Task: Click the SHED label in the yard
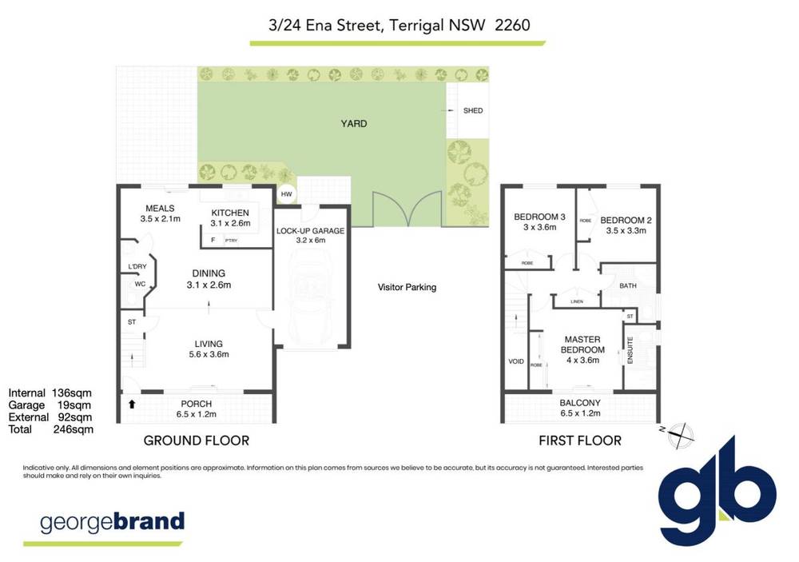(473, 110)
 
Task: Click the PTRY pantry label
(232, 241)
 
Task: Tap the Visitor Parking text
(407, 287)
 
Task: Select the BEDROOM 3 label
(539, 221)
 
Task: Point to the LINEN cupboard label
(577, 302)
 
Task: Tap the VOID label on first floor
(516, 361)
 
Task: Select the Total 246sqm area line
(51, 429)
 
